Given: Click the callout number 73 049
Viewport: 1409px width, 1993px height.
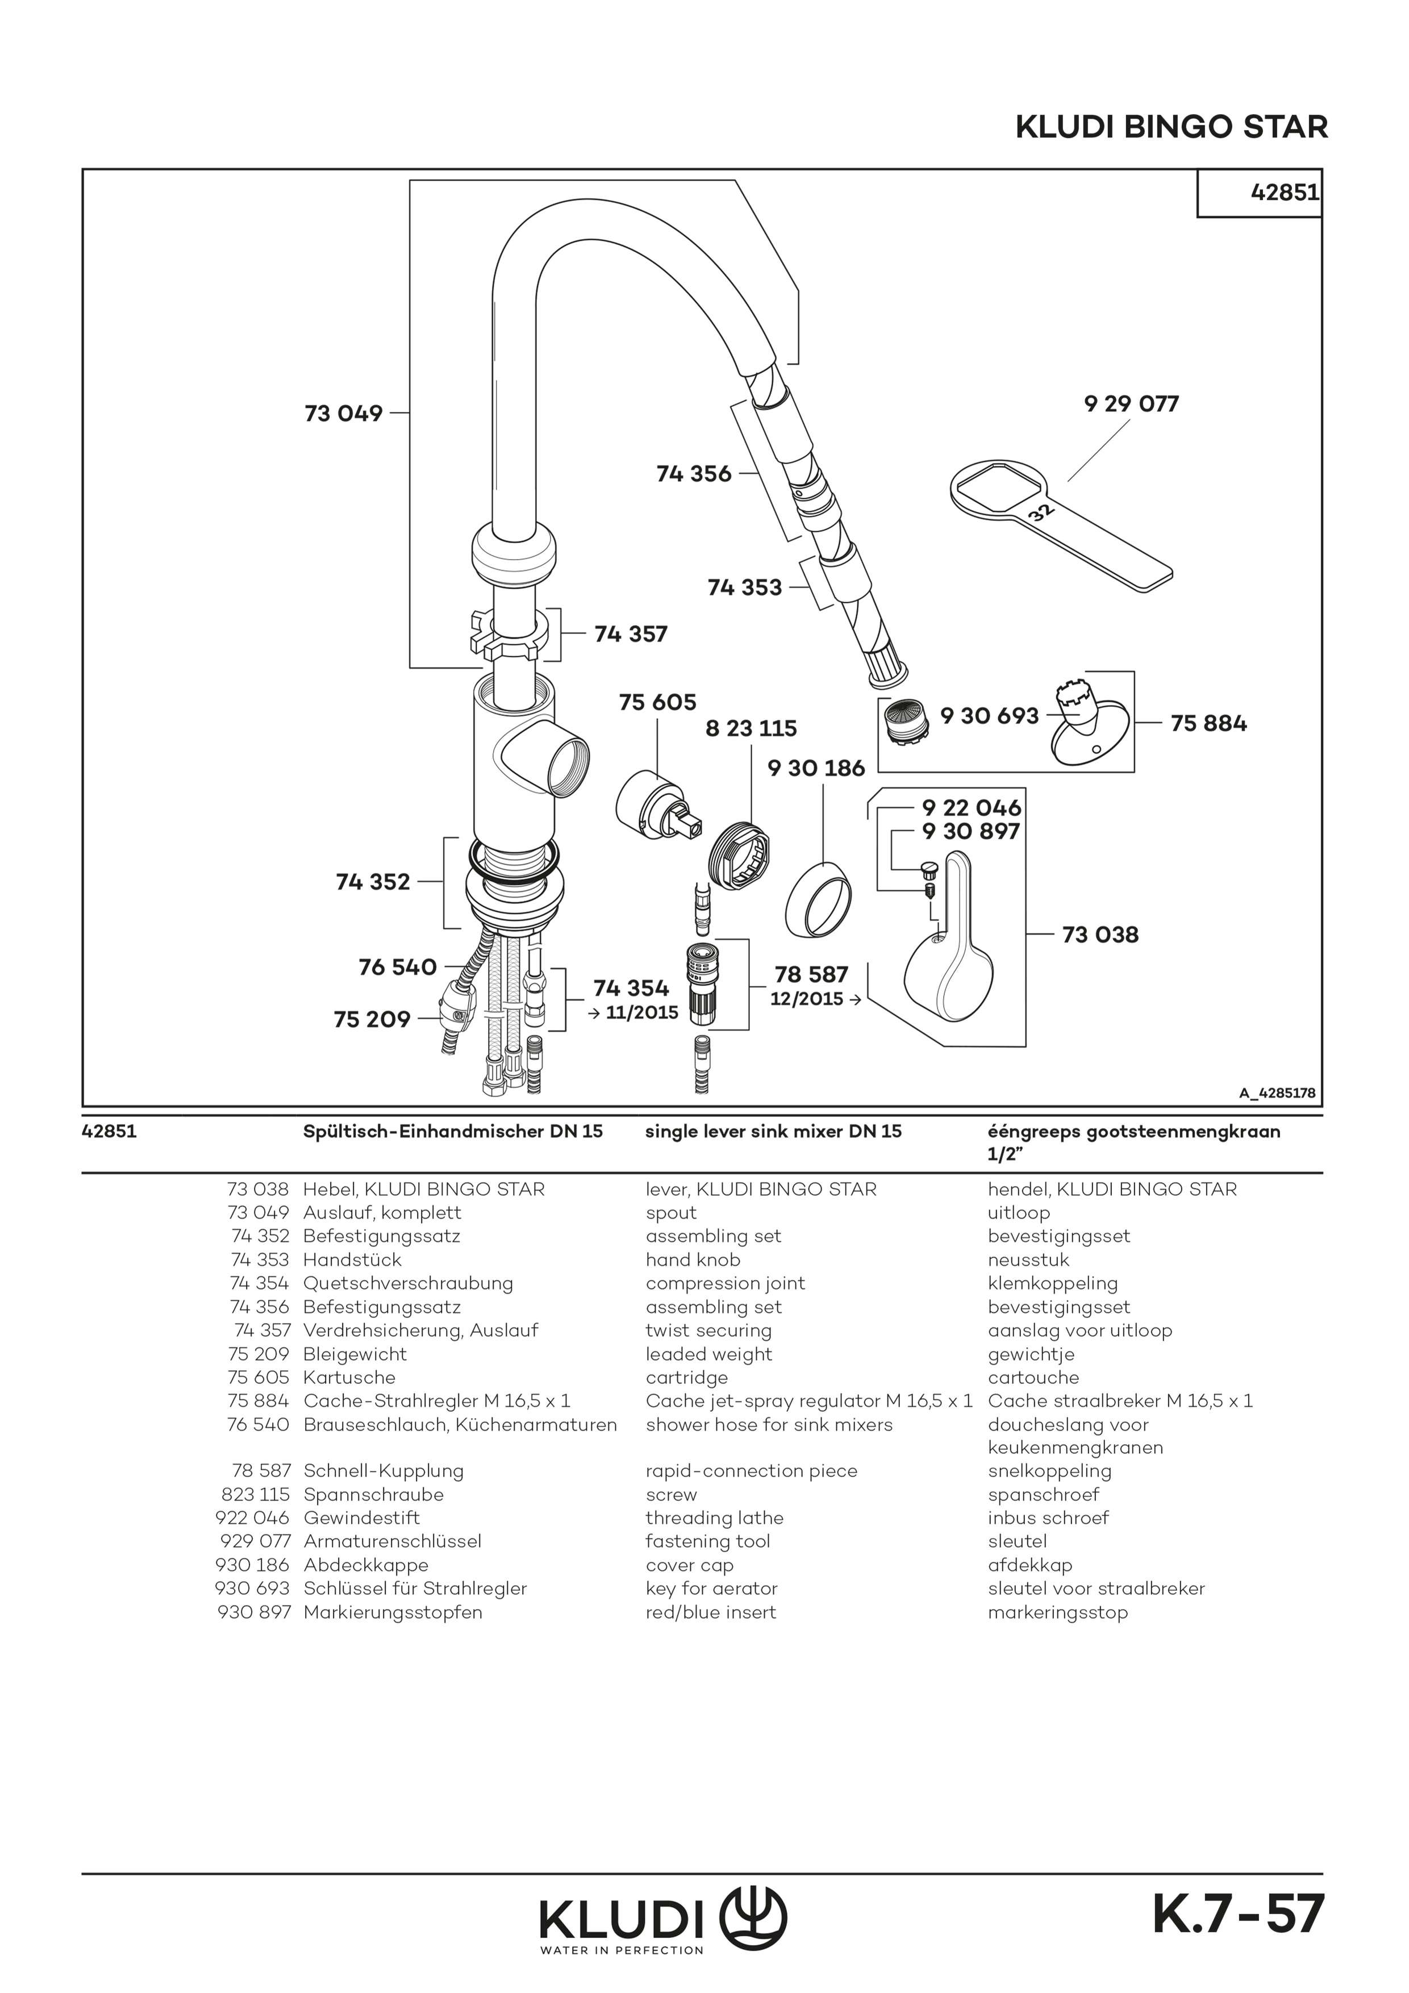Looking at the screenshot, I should pyautogui.click(x=343, y=413).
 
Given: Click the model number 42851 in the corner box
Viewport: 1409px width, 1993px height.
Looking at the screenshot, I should pyautogui.click(x=1284, y=193).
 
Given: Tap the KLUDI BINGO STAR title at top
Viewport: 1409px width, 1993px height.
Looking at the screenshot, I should pyautogui.click(x=1171, y=128).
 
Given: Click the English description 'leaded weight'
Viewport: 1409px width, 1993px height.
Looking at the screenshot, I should pyautogui.click(x=708, y=1354).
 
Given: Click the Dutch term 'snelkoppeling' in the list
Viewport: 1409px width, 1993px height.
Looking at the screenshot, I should pyautogui.click(x=1049, y=1471).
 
